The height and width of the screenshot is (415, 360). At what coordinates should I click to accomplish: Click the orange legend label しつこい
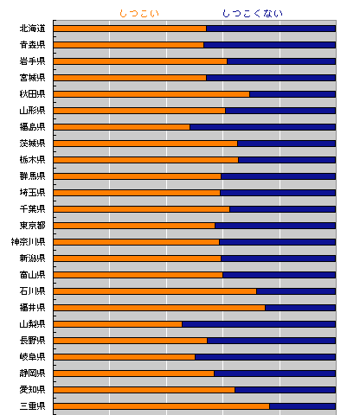(x=139, y=14)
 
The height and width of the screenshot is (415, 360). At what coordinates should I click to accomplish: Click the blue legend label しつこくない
(x=253, y=14)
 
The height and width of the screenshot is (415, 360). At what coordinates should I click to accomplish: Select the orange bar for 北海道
(x=130, y=29)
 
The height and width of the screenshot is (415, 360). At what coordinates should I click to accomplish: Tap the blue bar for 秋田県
(x=292, y=94)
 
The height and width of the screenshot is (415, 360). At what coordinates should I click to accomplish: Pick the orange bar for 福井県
(x=159, y=308)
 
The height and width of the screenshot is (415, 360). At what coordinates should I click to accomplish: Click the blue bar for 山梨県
(x=259, y=324)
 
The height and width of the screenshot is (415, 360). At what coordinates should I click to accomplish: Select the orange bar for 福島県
(x=122, y=127)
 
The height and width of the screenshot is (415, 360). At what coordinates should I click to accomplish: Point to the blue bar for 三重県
(x=302, y=406)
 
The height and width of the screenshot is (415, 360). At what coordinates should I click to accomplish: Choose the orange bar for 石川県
(x=155, y=291)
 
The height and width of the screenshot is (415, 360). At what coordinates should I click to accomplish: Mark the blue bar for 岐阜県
(x=265, y=357)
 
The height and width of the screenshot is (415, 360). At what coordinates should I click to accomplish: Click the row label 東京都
(x=32, y=226)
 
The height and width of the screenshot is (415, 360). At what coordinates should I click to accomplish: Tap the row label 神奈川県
(x=29, y=242)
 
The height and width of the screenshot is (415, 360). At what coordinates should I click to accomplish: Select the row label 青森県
(x=32, y=45)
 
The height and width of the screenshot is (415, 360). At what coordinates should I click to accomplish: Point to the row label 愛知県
(x=32, y=390)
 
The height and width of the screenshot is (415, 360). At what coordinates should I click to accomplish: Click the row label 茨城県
(x=32, y=144)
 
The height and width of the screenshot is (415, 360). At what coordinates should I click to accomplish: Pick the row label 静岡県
(x=32, y=373)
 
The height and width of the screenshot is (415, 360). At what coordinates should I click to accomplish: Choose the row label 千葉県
(x=32, y=209)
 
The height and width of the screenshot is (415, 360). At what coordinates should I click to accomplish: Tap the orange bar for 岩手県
(x=140, y=61)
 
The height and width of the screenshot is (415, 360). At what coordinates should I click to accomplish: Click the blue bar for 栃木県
(x=287, y=160)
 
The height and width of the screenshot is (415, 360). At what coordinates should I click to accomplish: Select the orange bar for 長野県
(x=131, y=341)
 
